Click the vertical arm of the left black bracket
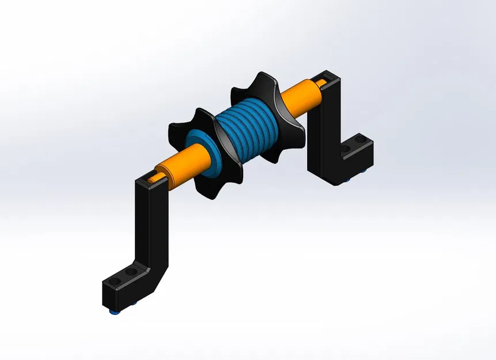[x=152, y=219]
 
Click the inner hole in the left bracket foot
[x=132, y=271]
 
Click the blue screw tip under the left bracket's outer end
[x=113, y=312]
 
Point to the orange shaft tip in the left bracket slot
[x=152, y=180]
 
